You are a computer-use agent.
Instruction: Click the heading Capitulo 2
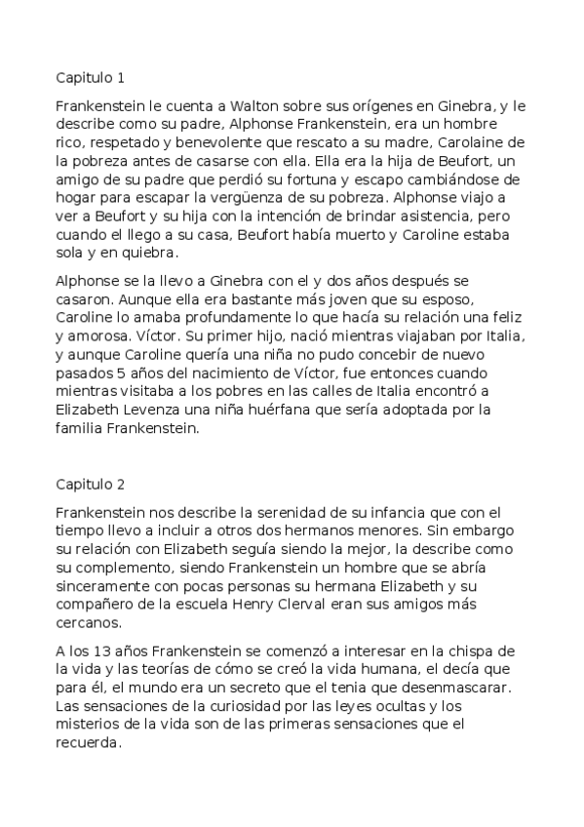pos(91,483)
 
